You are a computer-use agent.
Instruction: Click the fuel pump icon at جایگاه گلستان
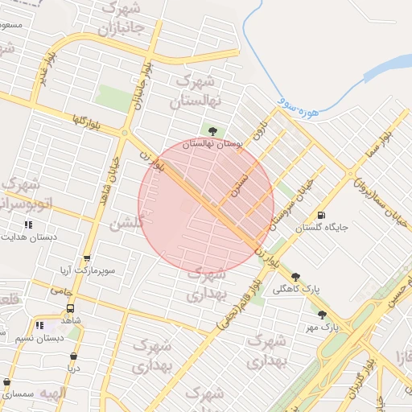(x=322, y=215)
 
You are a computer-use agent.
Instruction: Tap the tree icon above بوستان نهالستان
(x=212, y=130)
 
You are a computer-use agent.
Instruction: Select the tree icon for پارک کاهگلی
(x=295, y=276)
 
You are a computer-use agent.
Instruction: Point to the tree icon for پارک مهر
(x=323, y=315)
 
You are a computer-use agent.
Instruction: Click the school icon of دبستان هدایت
(x=29, y=225)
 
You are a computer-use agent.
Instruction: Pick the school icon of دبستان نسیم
(x=39, y=326)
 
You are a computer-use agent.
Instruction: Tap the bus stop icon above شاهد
(x=70, y=308)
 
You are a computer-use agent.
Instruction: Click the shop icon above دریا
(x=74, y=356)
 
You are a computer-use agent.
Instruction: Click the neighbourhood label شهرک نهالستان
(x=196, y=92)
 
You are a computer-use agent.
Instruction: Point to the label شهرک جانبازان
(x=121, y=17)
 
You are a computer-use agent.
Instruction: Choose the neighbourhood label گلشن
(x=126, y=224)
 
